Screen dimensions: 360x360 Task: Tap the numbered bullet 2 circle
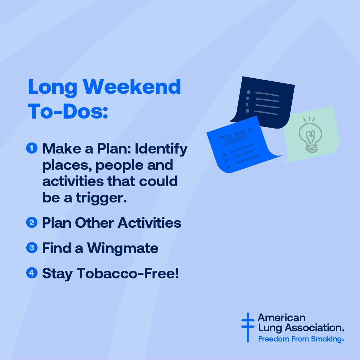coord(32,222)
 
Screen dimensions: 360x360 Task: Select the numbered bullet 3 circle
coord(32,248)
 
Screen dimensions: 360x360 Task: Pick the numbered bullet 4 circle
coord(32,273)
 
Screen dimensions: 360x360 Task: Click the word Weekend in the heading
coord(132,87)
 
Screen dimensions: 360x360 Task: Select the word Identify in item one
coord(161,149)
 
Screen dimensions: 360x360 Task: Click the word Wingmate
coord(123,248)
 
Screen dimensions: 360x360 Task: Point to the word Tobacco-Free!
coord(128,273)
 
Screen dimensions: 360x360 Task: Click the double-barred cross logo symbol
coord(247,327)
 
